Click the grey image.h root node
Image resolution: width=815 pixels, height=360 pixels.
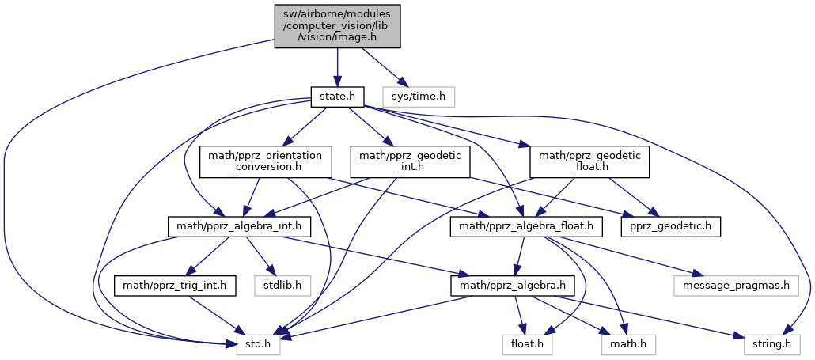[x=338, y=25]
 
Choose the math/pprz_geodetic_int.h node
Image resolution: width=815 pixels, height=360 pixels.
[x=410, y=163]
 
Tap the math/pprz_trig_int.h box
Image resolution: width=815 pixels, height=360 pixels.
[x=176, y=285]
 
